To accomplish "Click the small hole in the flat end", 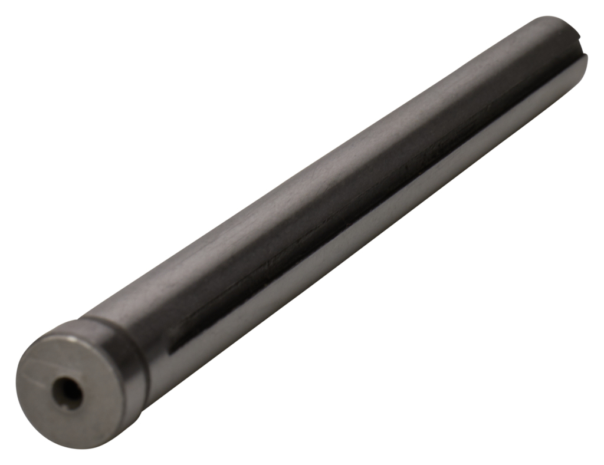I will [67, 392].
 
